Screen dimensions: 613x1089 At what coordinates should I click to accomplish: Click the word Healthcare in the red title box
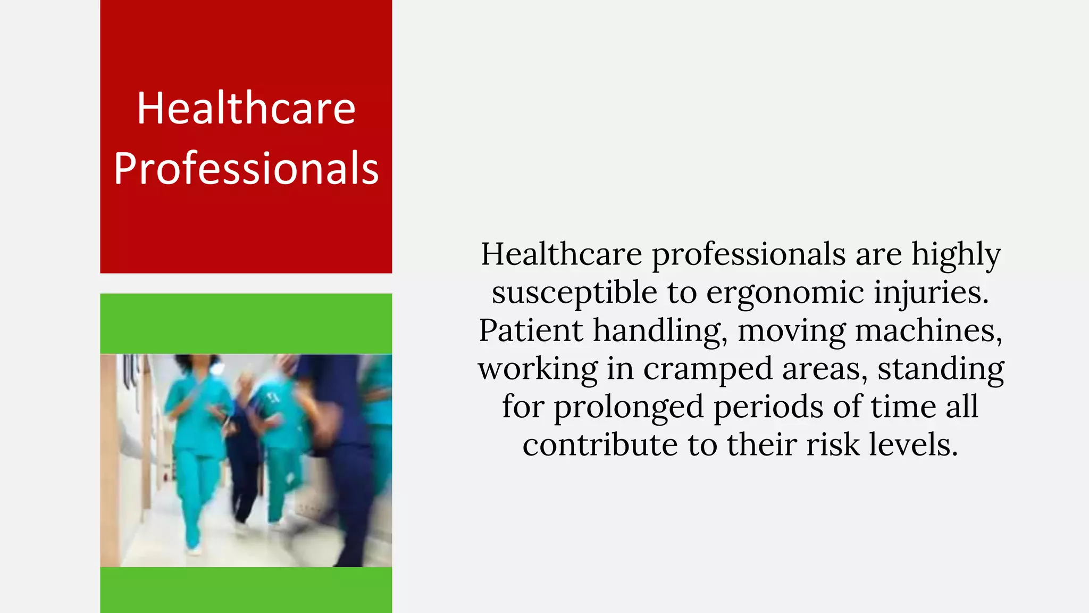(x=246, y=108)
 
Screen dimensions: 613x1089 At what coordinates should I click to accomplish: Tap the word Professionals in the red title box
(x=246, y=168)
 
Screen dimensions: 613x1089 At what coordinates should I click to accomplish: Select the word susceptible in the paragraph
(x=574, y=293)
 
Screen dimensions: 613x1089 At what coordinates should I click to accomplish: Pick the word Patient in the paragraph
(x=531, y=330)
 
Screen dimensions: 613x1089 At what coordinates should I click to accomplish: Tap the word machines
(x=928, y=330)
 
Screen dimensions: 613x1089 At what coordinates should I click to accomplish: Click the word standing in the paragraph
(x=941, y=369)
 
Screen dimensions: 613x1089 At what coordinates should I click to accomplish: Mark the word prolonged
(x=629, y=407)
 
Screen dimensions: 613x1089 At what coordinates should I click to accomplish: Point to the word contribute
(x=600, y=445)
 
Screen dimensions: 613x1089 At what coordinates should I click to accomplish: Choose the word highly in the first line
(x=956, y=254)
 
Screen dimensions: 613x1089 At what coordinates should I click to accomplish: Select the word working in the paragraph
(x=538, y=369)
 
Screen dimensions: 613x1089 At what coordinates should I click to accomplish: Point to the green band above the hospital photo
(x=246, y=324)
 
